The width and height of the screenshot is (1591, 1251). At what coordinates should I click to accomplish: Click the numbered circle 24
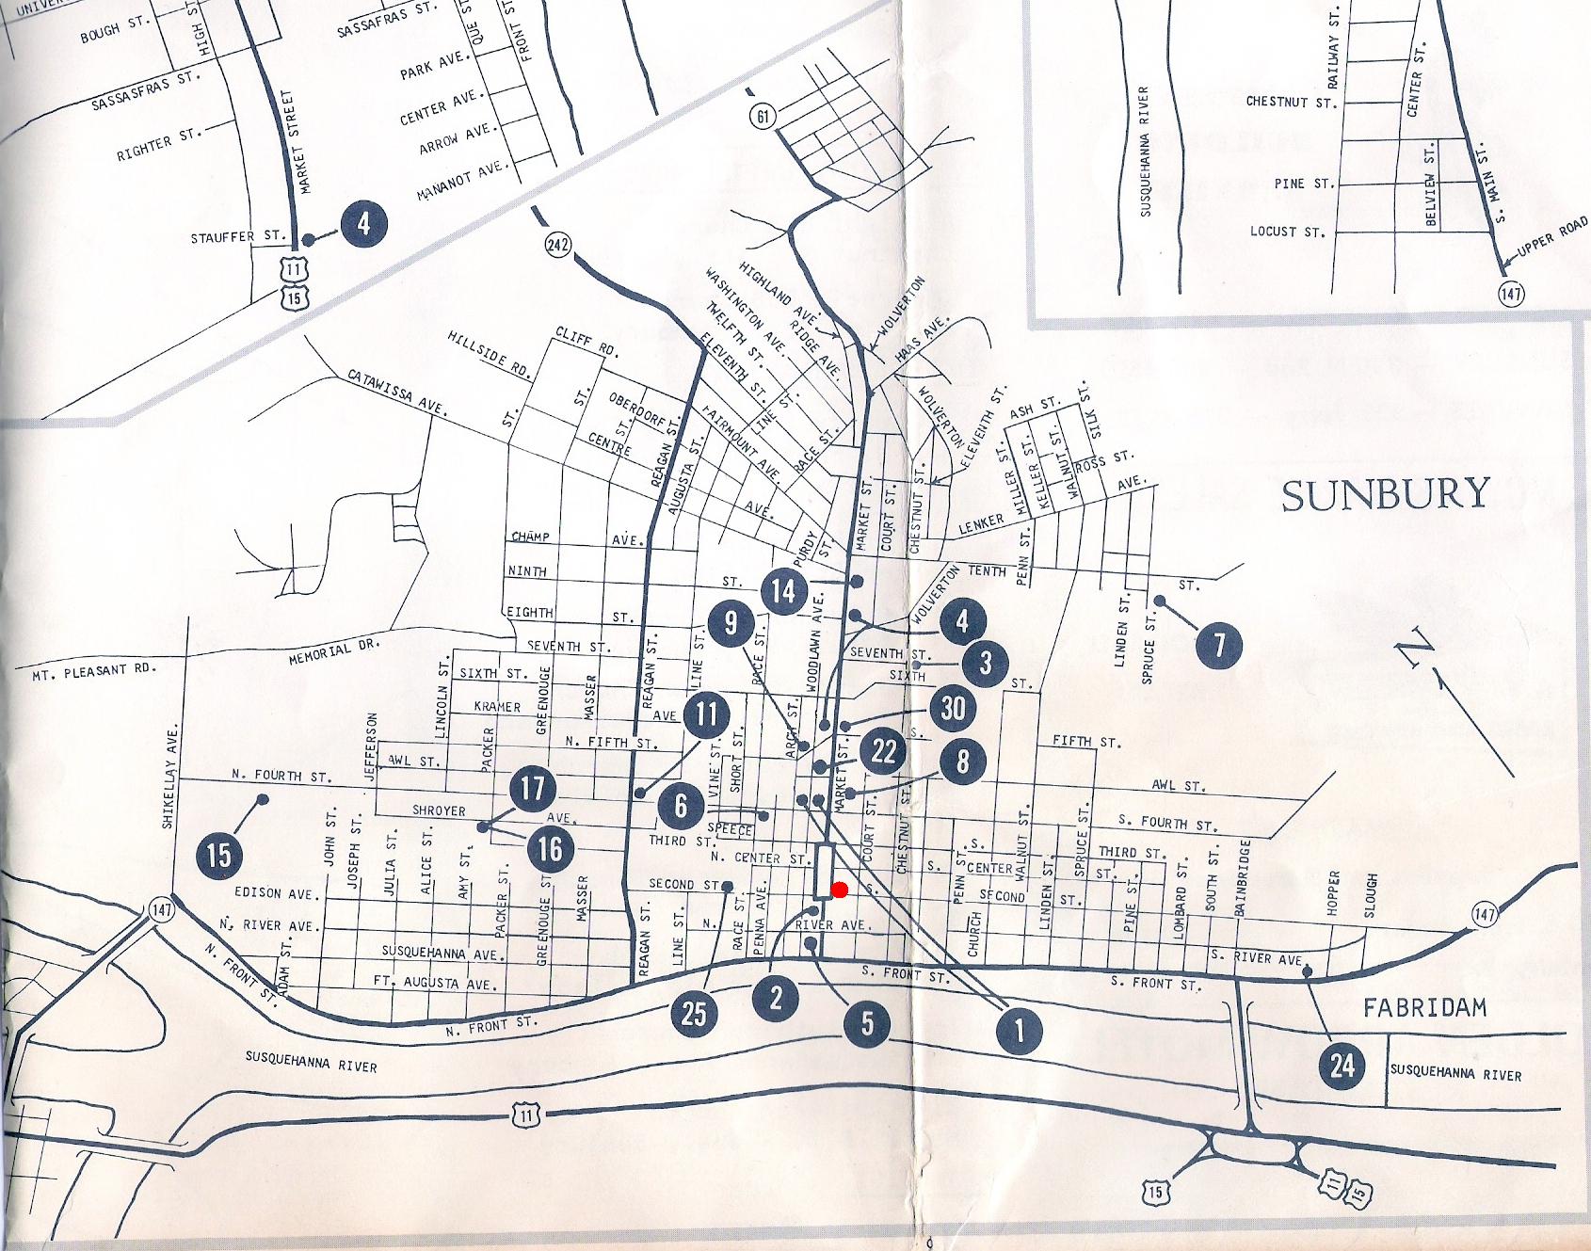pyautogui.click(x=1342, y=1066)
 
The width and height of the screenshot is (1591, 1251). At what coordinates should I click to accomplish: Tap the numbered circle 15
pyautogui.click(x=218, y=855)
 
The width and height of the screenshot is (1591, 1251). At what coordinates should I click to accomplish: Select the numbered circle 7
pyautogui.click(x=1219, y=645)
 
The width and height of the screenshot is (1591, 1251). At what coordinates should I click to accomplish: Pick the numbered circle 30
pyautogui.click(x=953, y=708)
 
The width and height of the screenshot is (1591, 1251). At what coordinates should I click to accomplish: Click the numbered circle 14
pyautogui.click(x=783, y=591)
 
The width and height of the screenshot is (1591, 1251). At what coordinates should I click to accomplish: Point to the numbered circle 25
pyautogui.click(x=694, y=1013)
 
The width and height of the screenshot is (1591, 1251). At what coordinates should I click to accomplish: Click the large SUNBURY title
pyautogui.click(x=1385, y=495)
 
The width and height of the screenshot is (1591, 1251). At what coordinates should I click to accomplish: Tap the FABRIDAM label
pyautogui.click(x=1424, y=1008)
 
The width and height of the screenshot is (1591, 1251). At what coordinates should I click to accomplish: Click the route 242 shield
pyautogui.click(x=557, y=245)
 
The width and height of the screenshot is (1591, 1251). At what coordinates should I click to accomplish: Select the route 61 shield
pyautogui.click(x=763, y=117)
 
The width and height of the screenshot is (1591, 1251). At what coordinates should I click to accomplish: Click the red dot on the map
pyautogui.click(x=840, y=890)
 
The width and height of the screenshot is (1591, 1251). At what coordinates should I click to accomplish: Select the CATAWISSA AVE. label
pyautogui.click(x=396, y=393)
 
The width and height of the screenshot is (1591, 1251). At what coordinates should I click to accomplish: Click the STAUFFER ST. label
pyautogui.click(x=238, y=237)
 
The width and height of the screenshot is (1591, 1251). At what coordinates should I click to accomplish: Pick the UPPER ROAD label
pyautogui.click(x=1552, y=237)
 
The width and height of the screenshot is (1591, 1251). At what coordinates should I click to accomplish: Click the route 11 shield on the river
pyautogui.click(x=526, y=1116)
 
